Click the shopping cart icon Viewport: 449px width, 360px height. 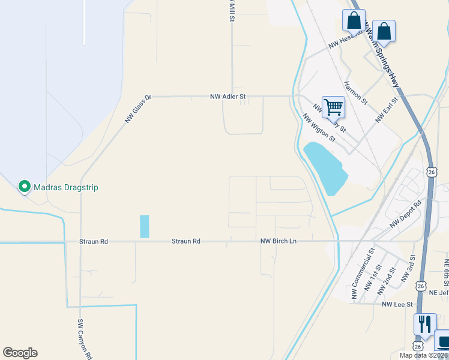[x=333, y=108]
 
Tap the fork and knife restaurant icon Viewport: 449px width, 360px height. [x=424, y=325]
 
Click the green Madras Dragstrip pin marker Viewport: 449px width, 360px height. [x=25, y=187]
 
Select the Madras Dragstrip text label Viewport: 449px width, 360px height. [x=65, y=188]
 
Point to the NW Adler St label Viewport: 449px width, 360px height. [x=228, y=96]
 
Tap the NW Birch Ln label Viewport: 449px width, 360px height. [x=278, y=241]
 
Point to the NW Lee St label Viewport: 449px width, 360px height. [x=397, y=304]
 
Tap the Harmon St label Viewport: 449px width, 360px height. [x=355, y=93]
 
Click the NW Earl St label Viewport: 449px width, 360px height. [x=387, y=110]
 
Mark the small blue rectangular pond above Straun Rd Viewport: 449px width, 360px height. [x=144, y=226]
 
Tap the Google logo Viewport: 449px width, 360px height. [x=20, y=353]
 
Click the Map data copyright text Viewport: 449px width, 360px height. [x=424, y=355]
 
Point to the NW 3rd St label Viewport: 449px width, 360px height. [x=408, y=271]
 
